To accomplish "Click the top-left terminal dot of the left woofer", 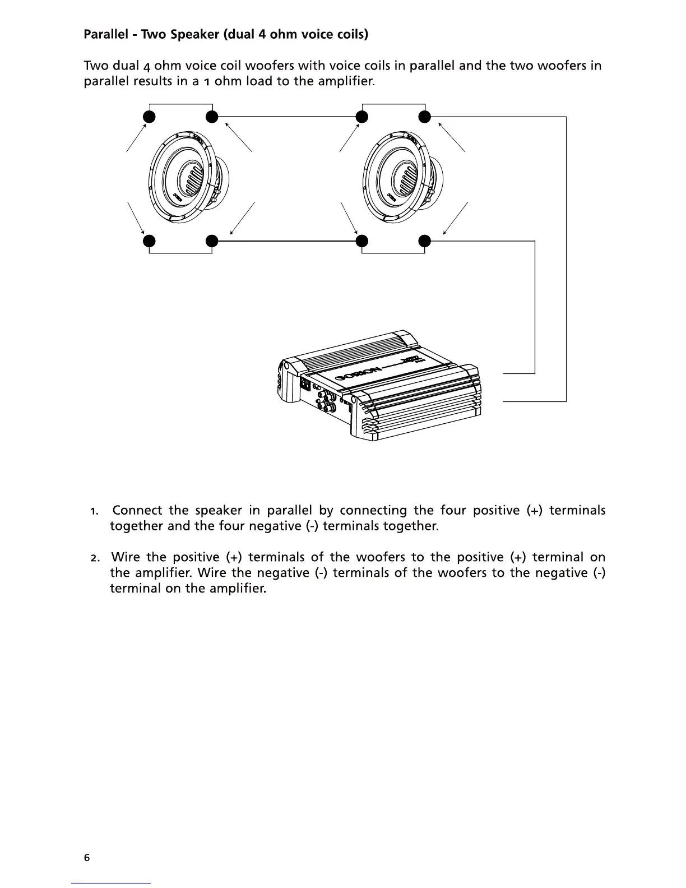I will [149, 117].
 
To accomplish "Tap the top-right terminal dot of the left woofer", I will [211, 117].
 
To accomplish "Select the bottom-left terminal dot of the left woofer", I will [149, 241].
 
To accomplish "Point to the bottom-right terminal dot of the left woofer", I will [211, 241].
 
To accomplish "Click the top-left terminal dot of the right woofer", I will [362, 117].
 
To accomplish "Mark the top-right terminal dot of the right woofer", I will [425, 117].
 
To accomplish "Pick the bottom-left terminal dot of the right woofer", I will [362, 241].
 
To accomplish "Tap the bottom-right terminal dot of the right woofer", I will [425, 241].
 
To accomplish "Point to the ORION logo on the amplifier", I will [359, 373].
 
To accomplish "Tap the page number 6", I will [86, 857].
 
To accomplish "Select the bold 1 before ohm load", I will [207, 82].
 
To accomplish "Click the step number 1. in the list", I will [95, 511].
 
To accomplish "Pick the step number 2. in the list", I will [95, 558].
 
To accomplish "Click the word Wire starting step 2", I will [125, 557].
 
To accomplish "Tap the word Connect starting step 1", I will [137, 510].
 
